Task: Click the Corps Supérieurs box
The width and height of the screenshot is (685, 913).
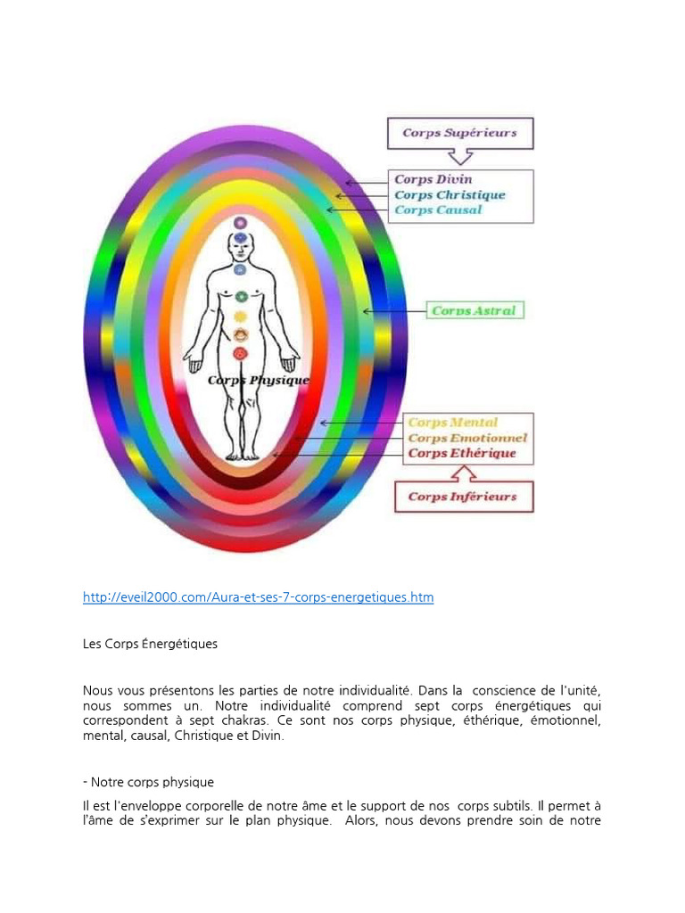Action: click(460, 134)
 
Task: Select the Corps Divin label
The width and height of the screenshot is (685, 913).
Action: click(433, 179)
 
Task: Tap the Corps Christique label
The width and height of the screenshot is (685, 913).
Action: click(450, 195)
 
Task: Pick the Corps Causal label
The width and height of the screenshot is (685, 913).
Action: click(438, 210)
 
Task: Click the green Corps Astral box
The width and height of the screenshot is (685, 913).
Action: click(475, 310)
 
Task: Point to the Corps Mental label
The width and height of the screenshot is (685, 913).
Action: click(452, 422)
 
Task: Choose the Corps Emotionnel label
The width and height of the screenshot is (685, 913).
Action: click(467, 438)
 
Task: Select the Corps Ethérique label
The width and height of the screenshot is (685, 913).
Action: click(462, 453)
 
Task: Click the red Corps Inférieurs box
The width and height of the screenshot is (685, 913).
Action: click(464, 497)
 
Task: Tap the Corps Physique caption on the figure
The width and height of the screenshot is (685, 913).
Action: click(259, 380)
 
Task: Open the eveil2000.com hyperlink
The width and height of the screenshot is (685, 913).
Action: click(258, 597)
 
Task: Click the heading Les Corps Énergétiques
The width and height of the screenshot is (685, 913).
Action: click(150, 644)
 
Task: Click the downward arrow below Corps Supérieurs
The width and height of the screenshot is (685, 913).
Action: click(459, 157)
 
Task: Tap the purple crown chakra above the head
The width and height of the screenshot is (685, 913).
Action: click(241, 222)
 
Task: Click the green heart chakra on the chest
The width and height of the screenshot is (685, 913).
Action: click(241, 297)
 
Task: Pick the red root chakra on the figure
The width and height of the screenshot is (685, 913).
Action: click(241, 353)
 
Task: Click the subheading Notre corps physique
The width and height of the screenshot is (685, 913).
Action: click(149, 782)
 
